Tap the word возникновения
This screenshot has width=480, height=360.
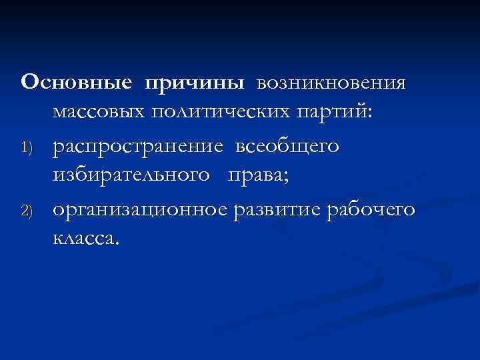click(330, 83)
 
